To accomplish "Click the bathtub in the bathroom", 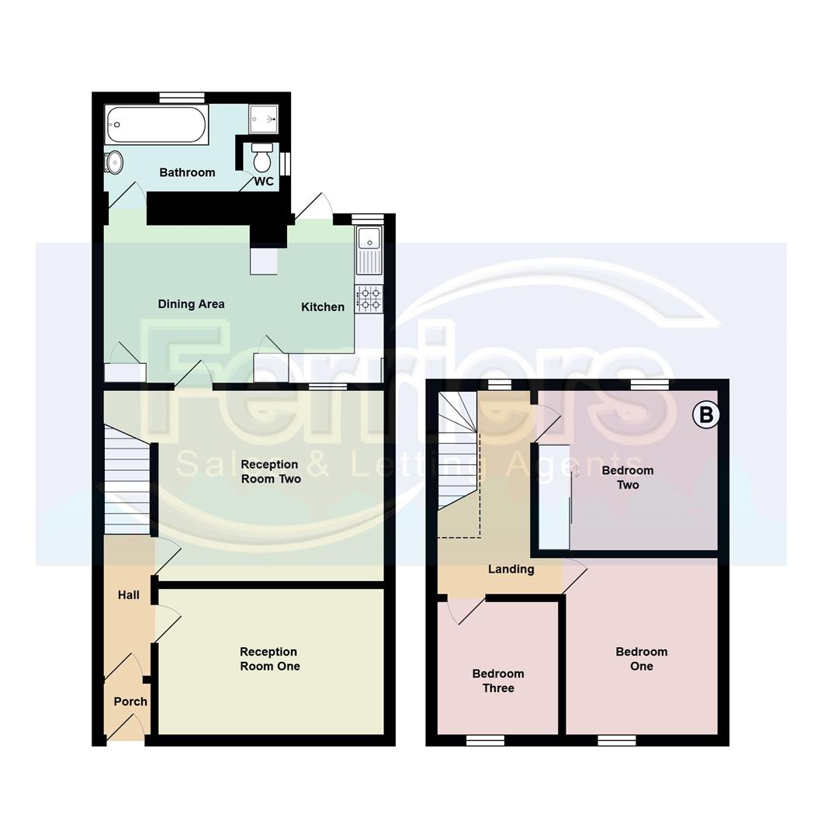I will click(157, 125).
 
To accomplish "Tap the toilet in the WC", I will click(262, 159).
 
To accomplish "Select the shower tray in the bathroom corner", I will click(264, 119).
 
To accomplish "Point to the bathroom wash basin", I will click(114, 162).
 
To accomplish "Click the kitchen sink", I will click(369, 250).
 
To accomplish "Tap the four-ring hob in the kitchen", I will click(369, 299).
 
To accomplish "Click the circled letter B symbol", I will click(706, 415).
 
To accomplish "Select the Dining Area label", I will click(191, 304).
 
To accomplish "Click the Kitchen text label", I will click(323, 307).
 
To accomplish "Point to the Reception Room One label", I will click(269, 659).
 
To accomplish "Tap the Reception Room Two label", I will click(270, 472).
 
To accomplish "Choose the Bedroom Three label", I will click(498, 680).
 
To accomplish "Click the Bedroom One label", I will click(642, 659).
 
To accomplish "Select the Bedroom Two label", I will click(628, 477).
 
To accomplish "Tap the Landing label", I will click(511, 570).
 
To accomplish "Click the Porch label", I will click(130, 701).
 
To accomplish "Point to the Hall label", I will click(129, 595).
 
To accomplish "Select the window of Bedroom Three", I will click(485, 740).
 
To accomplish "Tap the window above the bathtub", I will click(182, 98).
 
